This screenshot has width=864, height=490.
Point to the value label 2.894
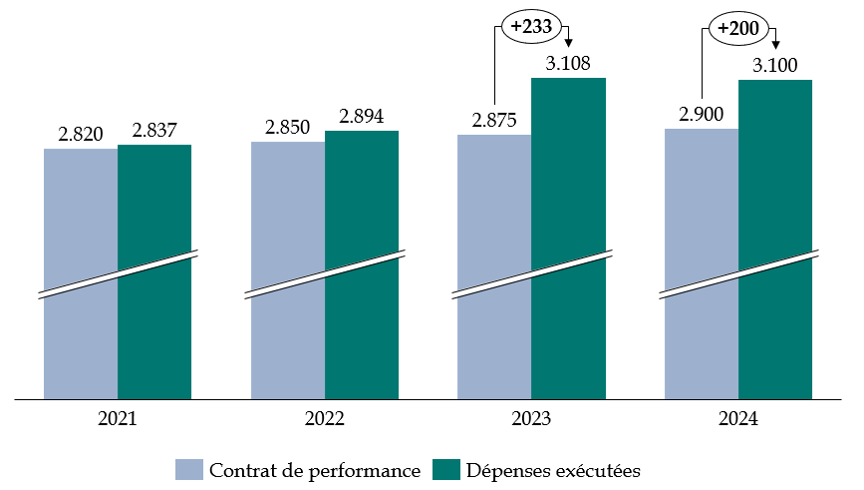tap(362, 116)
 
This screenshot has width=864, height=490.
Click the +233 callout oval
tap(530, 27)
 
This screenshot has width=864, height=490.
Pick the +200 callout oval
tap(737, 28)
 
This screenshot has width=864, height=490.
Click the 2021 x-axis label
tap(118, 420)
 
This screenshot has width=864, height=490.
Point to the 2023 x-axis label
tap(531, 420)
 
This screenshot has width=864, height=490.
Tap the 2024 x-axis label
tap(738, 420)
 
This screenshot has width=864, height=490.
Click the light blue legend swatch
tap(189, 469)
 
